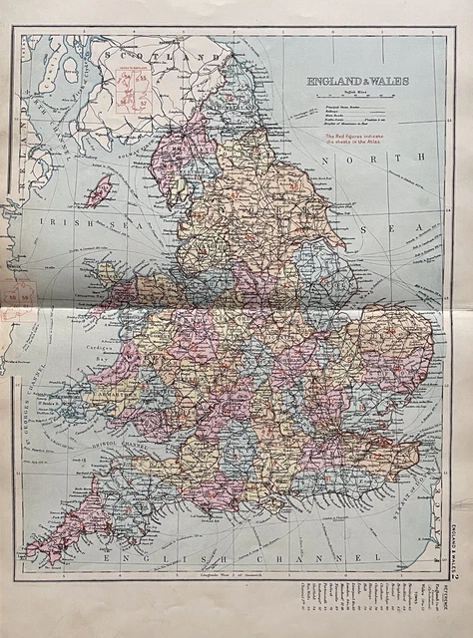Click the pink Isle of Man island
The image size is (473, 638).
pos(98,190)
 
